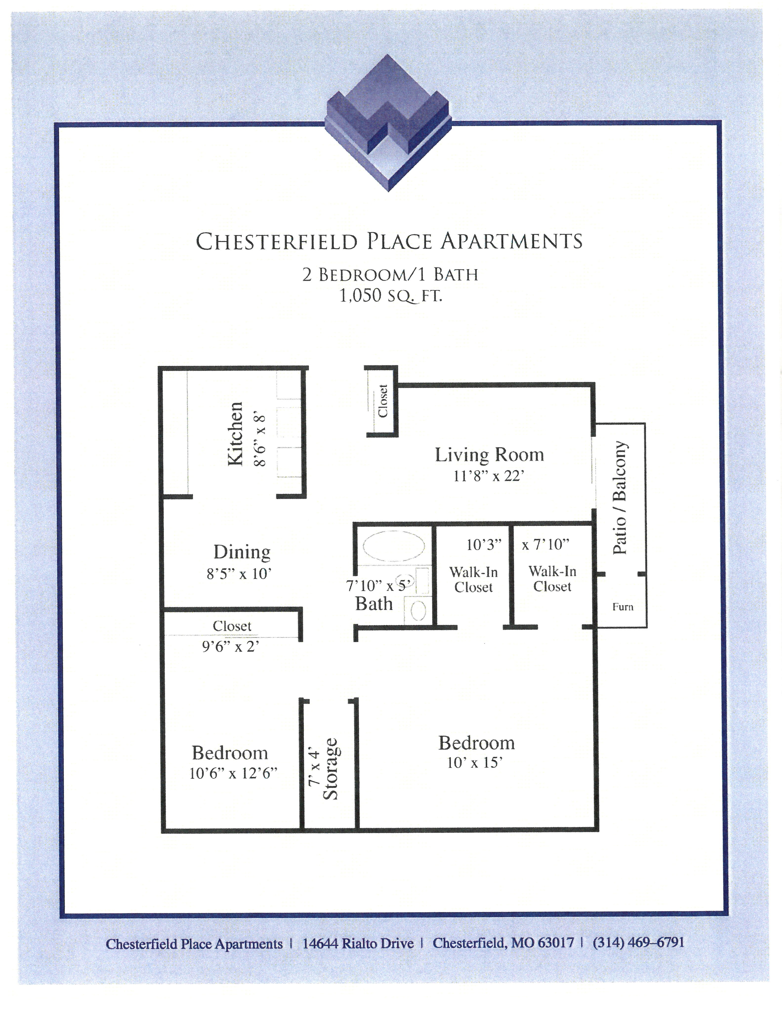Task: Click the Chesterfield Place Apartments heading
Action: (389, 241)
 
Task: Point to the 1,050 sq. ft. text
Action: (391, 295)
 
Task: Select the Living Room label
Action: (489, 455)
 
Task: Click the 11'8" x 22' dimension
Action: (489, 476)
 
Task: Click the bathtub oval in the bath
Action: (393, 546)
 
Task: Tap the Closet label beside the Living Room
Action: (383, 401)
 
